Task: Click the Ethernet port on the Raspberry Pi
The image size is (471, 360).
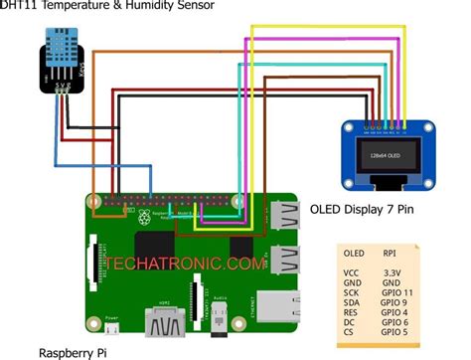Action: click(277, 307)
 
